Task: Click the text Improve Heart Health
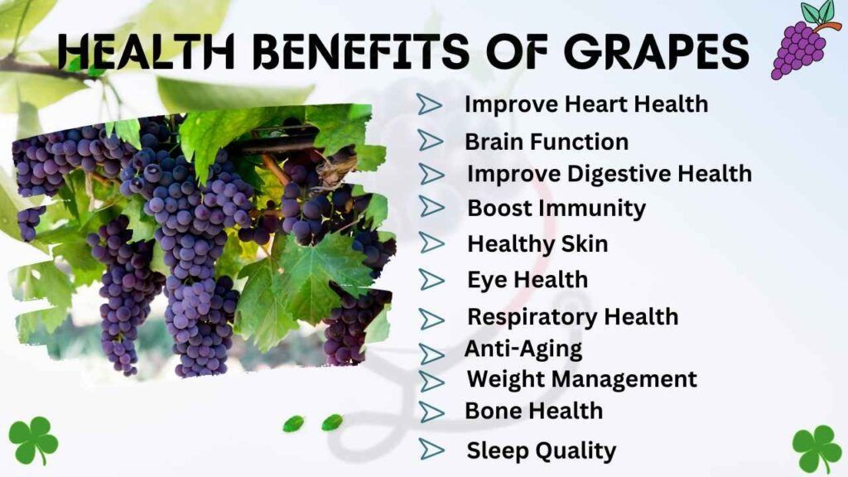pyautogui.click(x=585, y=104)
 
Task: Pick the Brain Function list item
pyautogui.click(x=546, y=142)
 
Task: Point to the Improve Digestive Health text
pyautogui.click(x=609, y=174)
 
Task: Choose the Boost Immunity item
pyautogui.click(x=556, y=208)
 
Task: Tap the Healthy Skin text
pyautogui.click(x=537, y=244)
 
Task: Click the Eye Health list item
pyautogui.click(x=527, y=280)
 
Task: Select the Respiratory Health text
pyautogui.click(x=572, y=317)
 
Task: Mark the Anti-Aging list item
pyautogui.click(x=523, y=349)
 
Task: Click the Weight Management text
pyautogui.click(x=581, y=379)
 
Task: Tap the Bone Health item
pyautogui.click(x=533, y=411)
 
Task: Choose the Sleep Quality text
pyautogui.click(x=541, y=450)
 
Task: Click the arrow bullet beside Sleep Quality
pyautogui.click(x=431, y=449)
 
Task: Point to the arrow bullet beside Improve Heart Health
pyautogui.click(x=429, y=104)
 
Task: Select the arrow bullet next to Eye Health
pyautogui.click(x=431, y=279)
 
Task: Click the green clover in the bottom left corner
pyautogui.click(x=33, y=440)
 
